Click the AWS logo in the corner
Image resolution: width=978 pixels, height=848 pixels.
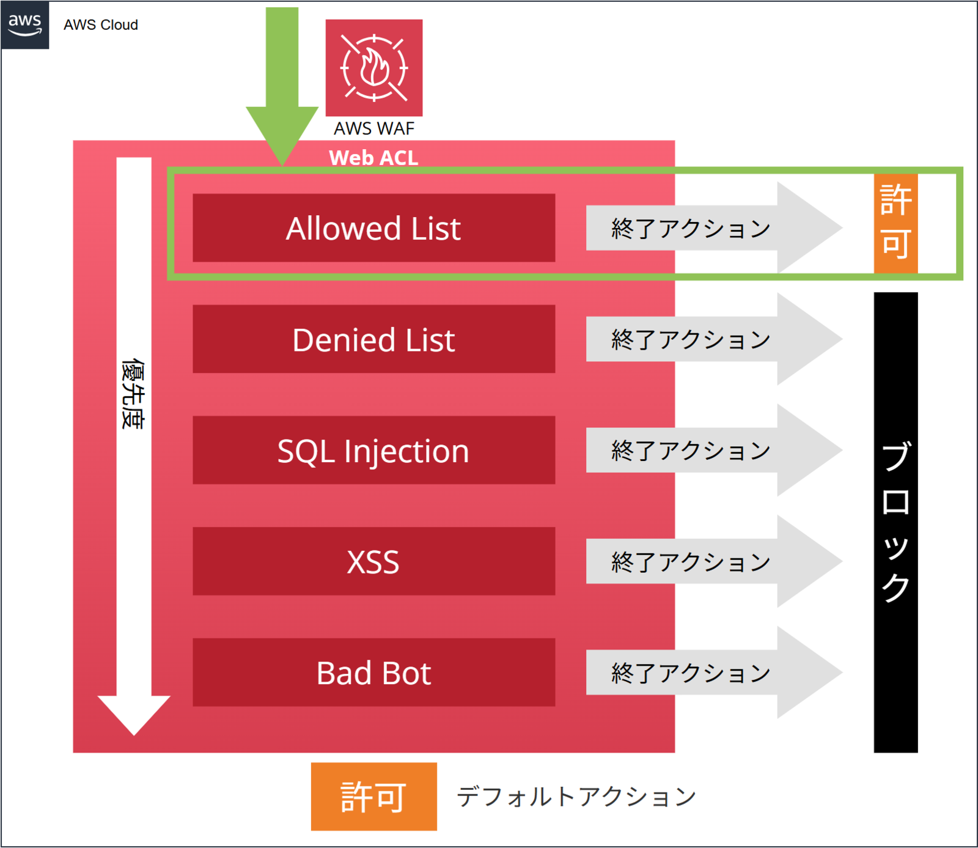24,25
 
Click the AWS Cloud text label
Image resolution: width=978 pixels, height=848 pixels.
101,25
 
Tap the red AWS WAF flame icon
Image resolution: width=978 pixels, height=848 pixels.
374,68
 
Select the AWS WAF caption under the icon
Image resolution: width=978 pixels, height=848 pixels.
374,128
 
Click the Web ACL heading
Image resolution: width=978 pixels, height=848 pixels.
374,158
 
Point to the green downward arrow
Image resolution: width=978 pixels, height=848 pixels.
282,86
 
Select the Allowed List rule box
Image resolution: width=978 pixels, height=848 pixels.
374,228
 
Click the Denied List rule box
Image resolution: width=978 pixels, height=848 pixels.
374,339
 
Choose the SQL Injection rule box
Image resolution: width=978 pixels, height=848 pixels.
374,451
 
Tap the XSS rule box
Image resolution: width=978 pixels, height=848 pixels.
374,561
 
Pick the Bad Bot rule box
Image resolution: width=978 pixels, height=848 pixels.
374,673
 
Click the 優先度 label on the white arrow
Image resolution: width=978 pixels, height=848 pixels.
133,394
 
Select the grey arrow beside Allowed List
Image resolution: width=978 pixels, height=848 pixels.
714,228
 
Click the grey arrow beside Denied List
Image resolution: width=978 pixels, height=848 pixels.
714,339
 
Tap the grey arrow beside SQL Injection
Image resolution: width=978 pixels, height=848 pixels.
714,451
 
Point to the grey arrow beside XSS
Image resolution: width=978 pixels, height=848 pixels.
714,561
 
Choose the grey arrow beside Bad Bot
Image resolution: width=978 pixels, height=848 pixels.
714,673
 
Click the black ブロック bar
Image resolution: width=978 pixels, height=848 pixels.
896,523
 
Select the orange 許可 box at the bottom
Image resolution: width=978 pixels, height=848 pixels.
374,797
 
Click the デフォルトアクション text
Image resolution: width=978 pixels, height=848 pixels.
576,797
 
